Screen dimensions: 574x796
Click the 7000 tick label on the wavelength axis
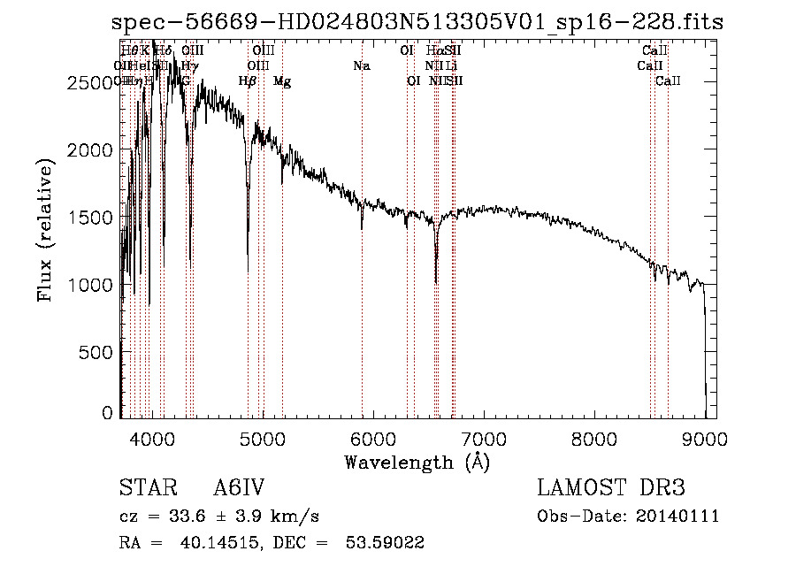tap(483, 438)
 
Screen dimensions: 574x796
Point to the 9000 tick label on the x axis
tap(705, 438)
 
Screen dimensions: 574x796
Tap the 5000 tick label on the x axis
tap(262, 438)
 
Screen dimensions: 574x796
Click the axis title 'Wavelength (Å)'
tap(417, 462)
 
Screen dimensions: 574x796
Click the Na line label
tap(361, 65)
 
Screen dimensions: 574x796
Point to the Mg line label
tap(282, 81)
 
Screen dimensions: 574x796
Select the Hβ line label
tap(248, 81)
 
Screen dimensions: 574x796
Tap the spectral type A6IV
tap(239, 489)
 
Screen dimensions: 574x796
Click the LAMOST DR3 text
tap(610, 489)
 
